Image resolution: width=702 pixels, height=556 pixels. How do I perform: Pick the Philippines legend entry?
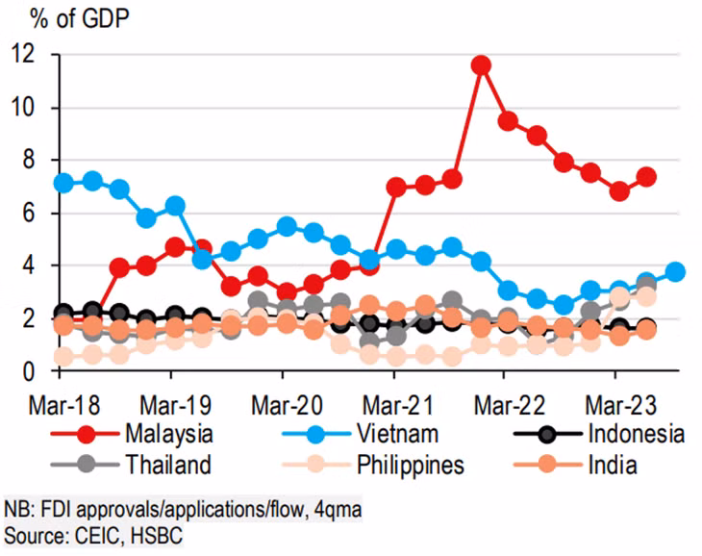tap(409, 466)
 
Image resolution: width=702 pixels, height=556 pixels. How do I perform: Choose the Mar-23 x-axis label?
tap(615, 400)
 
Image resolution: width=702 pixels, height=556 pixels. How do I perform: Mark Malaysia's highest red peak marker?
tap(482, 65)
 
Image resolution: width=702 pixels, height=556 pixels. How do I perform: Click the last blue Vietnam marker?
tap(676, 272)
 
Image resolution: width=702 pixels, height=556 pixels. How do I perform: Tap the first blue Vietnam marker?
tap(64, 183)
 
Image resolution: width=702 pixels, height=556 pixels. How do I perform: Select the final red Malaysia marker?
tap(647, 177)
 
